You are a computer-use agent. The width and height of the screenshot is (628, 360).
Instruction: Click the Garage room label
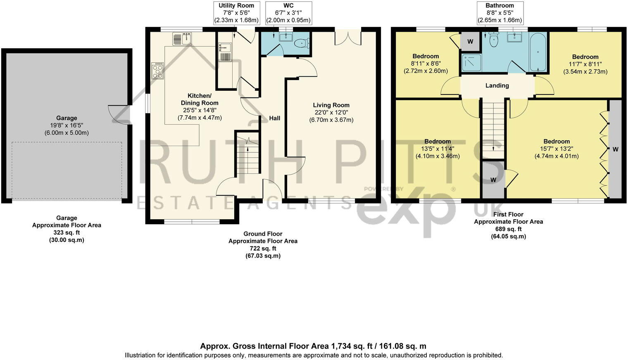(x=67, y=118)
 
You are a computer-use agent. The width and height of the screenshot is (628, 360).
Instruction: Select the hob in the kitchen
(x=157, y=70)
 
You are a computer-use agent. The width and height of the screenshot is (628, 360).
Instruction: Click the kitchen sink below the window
(x=182, y=39)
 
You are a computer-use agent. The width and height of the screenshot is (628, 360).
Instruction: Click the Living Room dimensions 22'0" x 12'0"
(x=331, y=113)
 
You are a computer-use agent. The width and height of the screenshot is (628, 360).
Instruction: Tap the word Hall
(x=274, y=118)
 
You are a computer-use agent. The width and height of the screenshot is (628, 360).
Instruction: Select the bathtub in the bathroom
(x=538, y=52)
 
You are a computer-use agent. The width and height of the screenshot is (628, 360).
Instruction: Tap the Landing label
(x=497, y=85)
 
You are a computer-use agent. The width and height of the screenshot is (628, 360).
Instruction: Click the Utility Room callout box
(x=236, y=13)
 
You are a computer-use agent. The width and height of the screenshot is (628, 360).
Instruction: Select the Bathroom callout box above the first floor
(x=500, y=13)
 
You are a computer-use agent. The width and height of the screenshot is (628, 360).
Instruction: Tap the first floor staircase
(x=493, y=128)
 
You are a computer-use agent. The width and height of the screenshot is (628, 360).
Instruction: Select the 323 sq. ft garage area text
(x=67, y=232)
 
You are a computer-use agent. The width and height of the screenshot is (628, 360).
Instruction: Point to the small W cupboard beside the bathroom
(x=470, y=41)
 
